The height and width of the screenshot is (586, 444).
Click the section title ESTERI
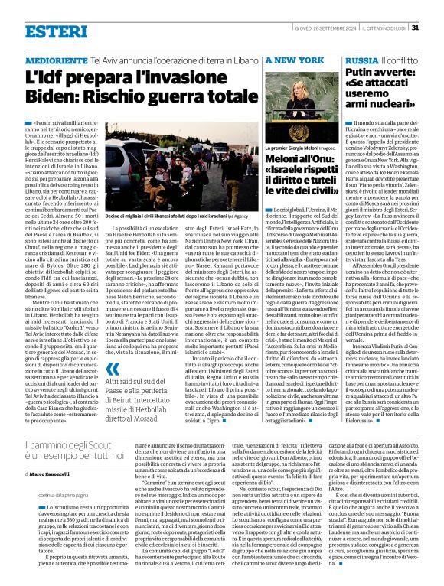tap(45, 31)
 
